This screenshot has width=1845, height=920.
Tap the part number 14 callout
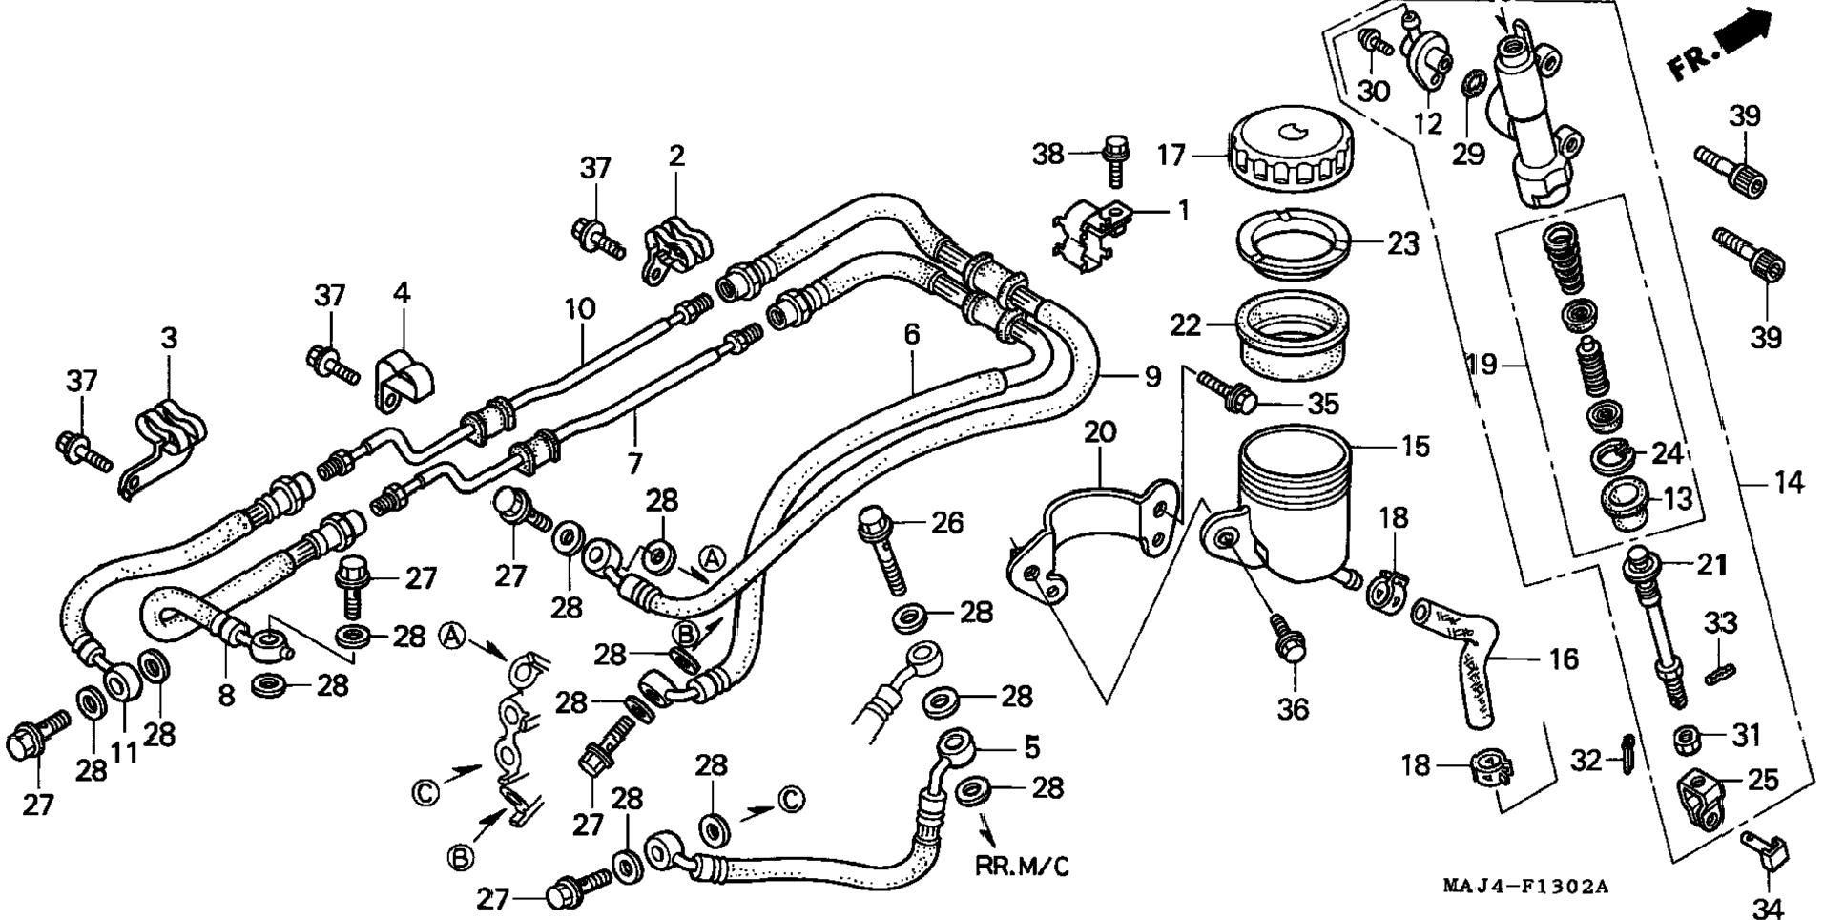coord(1789,484)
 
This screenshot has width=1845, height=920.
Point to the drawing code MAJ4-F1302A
coord(1524,887)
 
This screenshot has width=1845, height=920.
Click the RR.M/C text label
coord(1022,867)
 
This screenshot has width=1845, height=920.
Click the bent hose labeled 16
coord(1457,659)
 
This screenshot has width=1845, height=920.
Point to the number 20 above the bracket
coord(1099,432)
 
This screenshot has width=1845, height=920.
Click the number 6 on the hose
coord(912,334)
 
